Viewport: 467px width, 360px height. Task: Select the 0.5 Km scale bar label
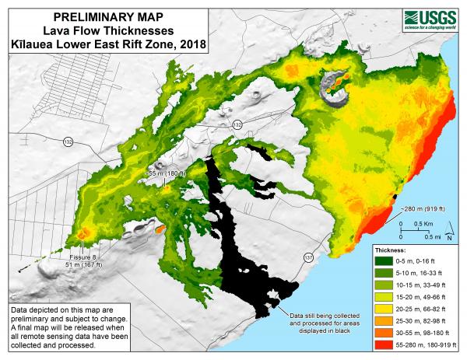[x=423, y=223]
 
